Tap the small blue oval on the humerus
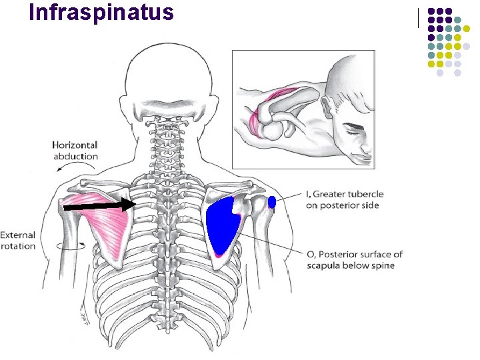[271, 203]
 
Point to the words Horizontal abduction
[75, 151]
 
